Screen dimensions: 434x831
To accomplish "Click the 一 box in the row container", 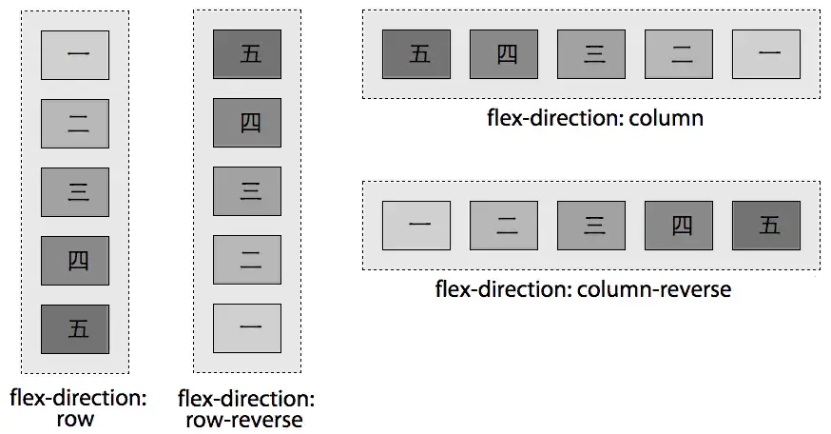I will [x=75, y=54].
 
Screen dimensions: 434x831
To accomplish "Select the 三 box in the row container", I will [x=75, y=191].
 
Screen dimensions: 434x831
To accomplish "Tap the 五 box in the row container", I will [x=75, y=328].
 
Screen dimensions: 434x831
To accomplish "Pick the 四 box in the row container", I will [x=75, y=260].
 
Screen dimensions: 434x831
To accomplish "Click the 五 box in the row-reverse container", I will [x=247, y=53].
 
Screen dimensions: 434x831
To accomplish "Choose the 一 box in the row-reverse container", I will [x=247, y=327].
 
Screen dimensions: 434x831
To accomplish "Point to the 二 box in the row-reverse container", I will [x=247, y=259].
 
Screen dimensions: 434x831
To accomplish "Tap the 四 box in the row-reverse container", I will [x=247, y=122].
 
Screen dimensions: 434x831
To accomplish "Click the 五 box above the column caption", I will [x=416, y=53].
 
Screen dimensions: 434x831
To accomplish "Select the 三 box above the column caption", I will [x=591, y=53].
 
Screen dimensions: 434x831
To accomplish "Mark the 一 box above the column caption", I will [x=766, y=53].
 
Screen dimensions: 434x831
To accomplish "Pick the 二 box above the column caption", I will [x=679, y=53].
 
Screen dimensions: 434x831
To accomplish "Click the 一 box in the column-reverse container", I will [x=416, y=226].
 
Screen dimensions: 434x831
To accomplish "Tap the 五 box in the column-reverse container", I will [x=766, y=226].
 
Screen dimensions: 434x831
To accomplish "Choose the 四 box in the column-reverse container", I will [x=679, y=226].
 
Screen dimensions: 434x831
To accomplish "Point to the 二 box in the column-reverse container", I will [x=504, y=226].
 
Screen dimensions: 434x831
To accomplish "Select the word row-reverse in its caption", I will [x=246, y=420].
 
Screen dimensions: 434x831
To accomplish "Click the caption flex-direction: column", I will [x=595, y=118].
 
